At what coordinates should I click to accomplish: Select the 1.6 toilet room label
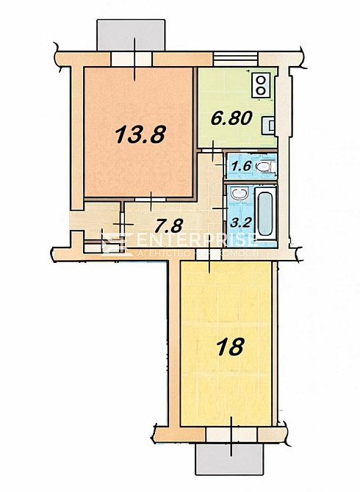pos(242,166)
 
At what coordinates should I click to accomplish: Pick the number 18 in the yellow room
pos(231,347)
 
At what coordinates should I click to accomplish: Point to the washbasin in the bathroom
pos(239,195)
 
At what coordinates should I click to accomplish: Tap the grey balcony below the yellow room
pos(229,460)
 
